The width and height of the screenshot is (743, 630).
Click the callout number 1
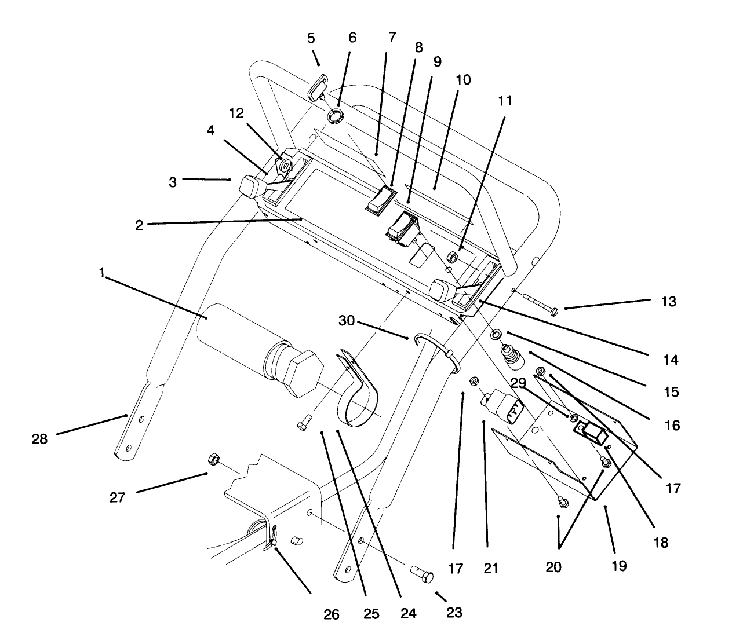pos(102,273)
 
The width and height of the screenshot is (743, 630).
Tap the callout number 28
pos(39,439)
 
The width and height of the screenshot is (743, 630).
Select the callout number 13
pos(668,302)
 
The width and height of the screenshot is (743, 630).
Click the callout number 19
pos(619,566)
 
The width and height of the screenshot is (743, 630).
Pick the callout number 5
pos(311,38)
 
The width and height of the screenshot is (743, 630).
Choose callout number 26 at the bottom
pos(332,614)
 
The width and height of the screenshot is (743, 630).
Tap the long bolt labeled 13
pos(540,306)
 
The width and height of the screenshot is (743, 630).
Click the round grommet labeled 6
pos(336,116)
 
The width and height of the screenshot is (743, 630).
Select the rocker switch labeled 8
pos(381,200)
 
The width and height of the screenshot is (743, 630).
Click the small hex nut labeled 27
pos(212,459)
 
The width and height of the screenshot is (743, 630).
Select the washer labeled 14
pos(496,335)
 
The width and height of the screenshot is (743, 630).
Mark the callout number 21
pos(490,568)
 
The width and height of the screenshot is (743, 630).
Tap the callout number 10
pos(463,80)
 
